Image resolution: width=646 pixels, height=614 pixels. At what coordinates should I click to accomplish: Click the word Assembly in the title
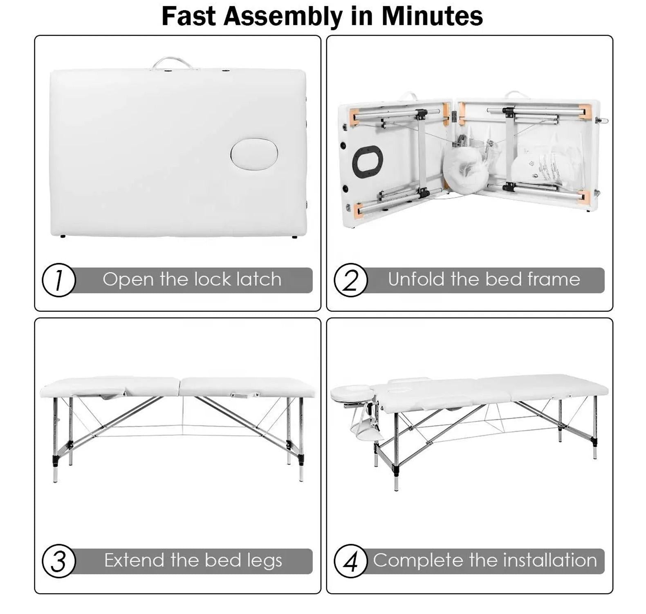pos(282,17)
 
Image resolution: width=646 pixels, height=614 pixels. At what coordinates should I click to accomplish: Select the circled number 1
pos(59,280)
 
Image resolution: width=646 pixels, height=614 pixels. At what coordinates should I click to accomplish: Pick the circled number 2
pos(351,280)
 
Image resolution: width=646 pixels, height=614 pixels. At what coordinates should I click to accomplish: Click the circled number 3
pos(59,561)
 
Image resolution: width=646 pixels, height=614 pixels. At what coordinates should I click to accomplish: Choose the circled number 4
pos(351,561)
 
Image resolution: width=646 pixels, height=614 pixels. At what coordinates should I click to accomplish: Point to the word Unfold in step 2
pos(416,279)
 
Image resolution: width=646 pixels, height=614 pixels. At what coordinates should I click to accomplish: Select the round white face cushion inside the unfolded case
pos(466,169)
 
